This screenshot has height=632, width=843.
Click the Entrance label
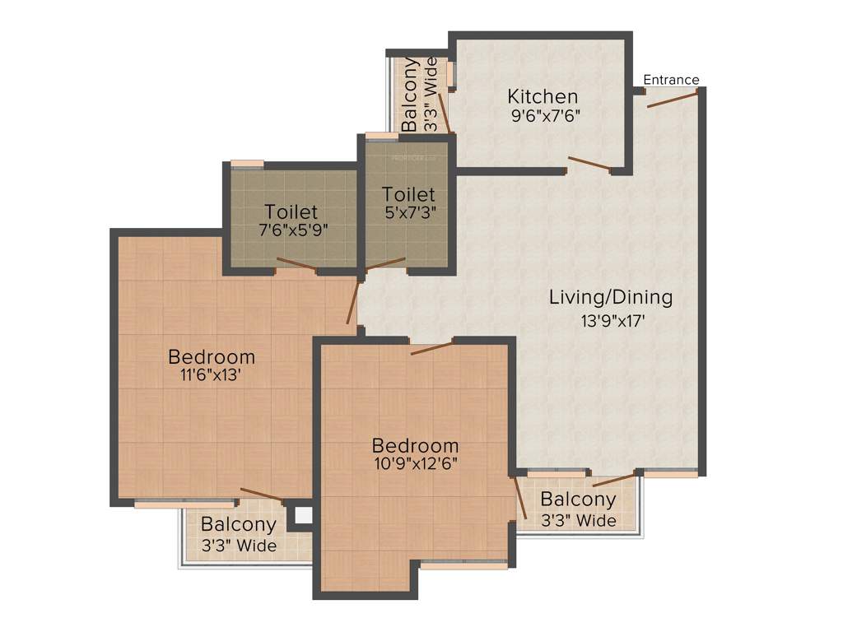(671, 80)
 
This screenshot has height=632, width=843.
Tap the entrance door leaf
(673, 99)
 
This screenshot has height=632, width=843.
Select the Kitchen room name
(542, 96)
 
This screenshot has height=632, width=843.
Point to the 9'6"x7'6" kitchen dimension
(546, 116)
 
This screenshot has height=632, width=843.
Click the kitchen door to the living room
(589, 164)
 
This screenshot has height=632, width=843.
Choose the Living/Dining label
(610, 297)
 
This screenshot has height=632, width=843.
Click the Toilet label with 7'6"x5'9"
(290, 211)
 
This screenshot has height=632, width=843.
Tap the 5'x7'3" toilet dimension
(408, 212)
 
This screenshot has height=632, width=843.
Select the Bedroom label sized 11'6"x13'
(211, 357)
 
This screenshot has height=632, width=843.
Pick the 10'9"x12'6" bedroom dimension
(414, 462)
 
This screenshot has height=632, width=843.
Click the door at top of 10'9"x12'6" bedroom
(432, 347)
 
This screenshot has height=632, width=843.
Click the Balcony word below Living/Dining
(578, 500)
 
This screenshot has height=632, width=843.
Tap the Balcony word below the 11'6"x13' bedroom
(239, 524)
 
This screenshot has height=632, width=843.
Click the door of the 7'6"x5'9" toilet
(296, 265)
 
